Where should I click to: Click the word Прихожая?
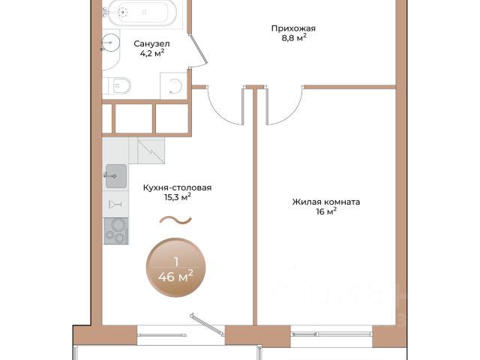click(x=293, y=28)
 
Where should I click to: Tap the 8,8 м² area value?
click(x=294, y=38)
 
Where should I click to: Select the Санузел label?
click(x=151, y=43)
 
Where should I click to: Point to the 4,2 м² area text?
click(x=152, y=53)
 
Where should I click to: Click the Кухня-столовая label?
click(x=177, y=187)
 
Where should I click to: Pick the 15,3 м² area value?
click(x=178, y=196)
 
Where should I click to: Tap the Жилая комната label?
click(x=326, y=202)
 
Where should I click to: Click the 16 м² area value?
click(x=327, y=211)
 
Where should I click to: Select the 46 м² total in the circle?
click(x=175, y=277)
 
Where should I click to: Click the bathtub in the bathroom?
click(x=139, y=13)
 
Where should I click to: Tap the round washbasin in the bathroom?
click(x=110, y=42)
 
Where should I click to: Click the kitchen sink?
click(x=116, y=176)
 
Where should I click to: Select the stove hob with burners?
click(x=116, y=231)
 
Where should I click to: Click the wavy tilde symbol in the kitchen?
click(x=175, y=220)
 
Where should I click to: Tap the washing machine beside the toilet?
click(x=173, y=85)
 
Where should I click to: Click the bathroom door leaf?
click(x=199, y=49)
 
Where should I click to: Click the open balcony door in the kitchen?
click(x=207, y=324)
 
